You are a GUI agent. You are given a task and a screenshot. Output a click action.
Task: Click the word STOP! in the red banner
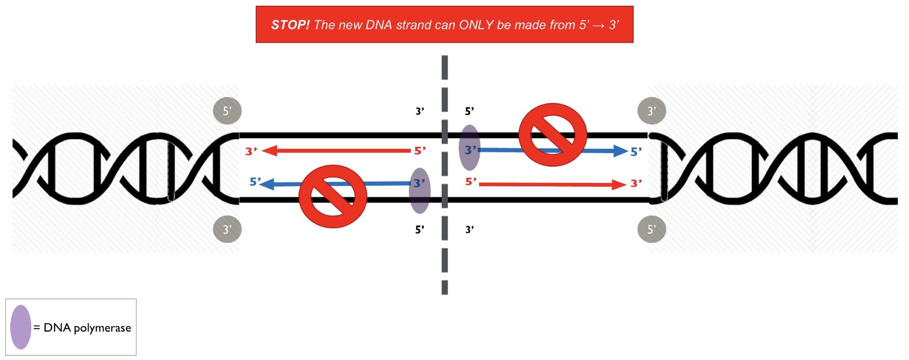(x=290, y=25)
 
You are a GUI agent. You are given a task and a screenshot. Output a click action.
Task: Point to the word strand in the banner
(x=413, y=25)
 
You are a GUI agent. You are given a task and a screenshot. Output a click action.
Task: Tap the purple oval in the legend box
(x=21, y=327)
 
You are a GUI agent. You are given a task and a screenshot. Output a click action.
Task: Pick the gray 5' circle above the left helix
(x=227, y=111)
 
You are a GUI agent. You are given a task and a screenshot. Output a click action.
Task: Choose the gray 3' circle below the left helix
(x=227, y=229)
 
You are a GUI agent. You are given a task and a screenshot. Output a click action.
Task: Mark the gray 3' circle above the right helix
(x=651, y=111)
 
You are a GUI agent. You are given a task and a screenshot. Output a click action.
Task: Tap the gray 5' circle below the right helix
(x=651, y=229)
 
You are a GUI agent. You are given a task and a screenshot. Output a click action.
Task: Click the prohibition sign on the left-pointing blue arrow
(x=333, y=196)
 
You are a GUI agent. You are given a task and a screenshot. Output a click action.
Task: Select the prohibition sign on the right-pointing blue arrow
(x=553, y=135)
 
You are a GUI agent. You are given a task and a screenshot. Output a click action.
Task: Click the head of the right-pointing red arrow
(x=619, y=184)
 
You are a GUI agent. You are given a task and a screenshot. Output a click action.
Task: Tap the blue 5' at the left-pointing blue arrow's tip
(x=255, y=182)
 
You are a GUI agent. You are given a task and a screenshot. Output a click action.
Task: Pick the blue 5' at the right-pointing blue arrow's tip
(x=636, y=152)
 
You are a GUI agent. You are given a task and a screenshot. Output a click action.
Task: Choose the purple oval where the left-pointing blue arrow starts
(x=419, y=191)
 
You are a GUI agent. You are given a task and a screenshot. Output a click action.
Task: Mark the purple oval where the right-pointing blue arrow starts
(x=470, y=147)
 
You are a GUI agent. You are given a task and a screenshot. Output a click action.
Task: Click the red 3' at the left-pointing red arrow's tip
(x=251, y=152)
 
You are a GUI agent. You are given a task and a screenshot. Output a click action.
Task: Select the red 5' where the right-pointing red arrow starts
(x=471, y=182)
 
